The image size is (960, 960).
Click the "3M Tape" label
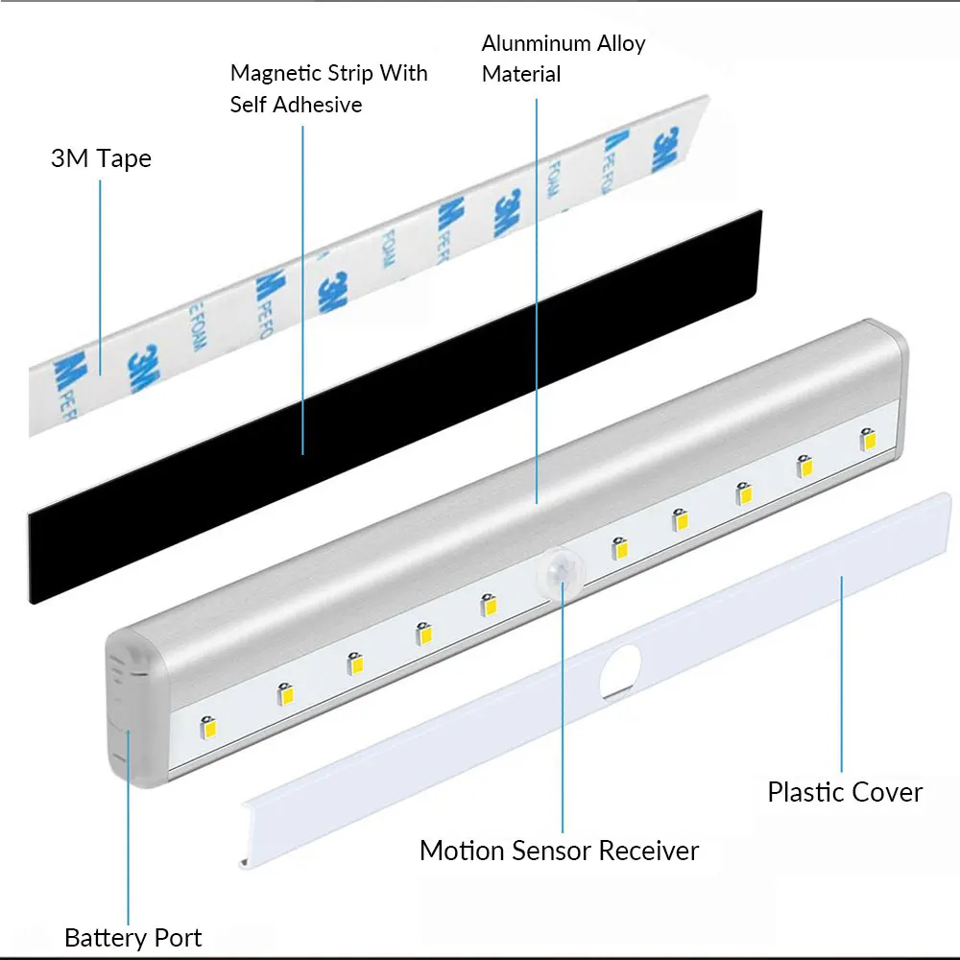click(x=101, y=158)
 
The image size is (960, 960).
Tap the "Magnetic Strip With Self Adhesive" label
click(x=328, y=88)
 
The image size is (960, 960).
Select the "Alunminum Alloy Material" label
click(x=564, y=59)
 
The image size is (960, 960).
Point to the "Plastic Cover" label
click(x=845, y=792)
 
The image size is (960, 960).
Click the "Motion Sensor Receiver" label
click(x=560, y=851)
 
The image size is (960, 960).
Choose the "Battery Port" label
click(x=133, y=937)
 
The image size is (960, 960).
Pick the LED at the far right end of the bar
click(x=869, y=439)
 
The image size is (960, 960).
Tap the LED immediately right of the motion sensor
click(x=620, y=549)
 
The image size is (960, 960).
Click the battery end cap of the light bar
click(x=130, y=710)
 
